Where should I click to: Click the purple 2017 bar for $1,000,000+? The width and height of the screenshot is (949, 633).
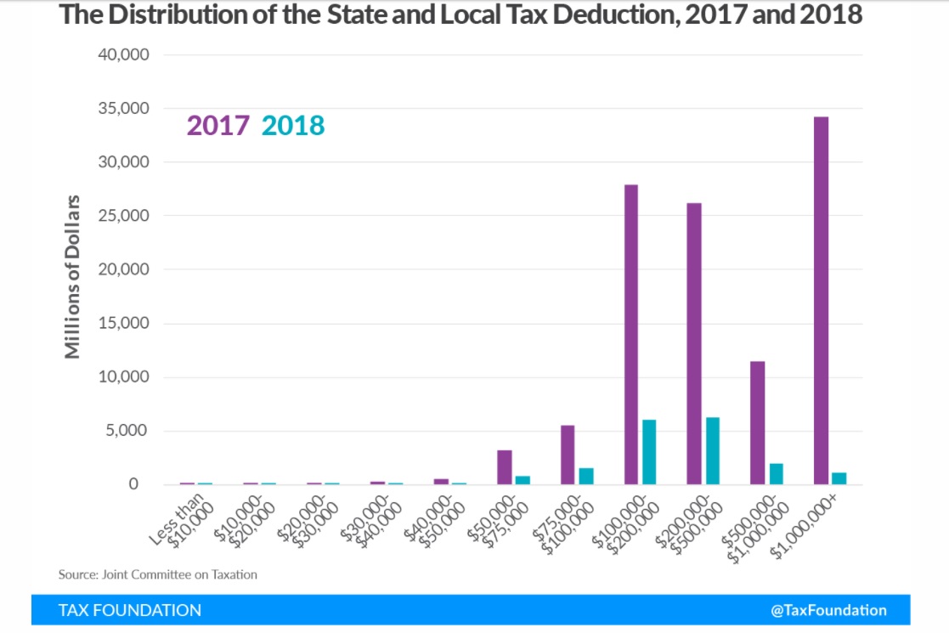pyautogui.click(x=821, y=301)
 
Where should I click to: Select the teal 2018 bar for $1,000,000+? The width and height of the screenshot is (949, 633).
pyautogui.click(x=839, y=478)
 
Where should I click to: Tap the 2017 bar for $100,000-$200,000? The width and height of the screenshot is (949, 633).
pyautogui.click(x=631, y=335)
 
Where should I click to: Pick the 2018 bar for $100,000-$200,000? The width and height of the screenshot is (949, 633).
pyautogui.click(x=649, y=452)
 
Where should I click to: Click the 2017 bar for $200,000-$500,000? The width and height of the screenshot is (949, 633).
pyautogui.click(x=694, y=343)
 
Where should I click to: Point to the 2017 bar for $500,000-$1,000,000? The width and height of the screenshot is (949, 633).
pyautogui.click(x=758, y=423)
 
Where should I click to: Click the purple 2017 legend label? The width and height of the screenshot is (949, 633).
pyautogui.click(x=217, y=126)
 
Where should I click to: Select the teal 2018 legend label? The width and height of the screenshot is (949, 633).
pyautogui.click(x=293, y=126)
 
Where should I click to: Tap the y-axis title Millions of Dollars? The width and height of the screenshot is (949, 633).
pyautogui.click(x=73, y=276)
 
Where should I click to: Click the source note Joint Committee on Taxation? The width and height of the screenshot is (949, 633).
pyautogui.click(x=157, y=574)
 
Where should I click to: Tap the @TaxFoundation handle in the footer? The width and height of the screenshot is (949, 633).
pyautogui.click(x=828, y=610)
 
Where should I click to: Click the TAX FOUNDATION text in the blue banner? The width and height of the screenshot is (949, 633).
pyautogui.click(x=130, y=610)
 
